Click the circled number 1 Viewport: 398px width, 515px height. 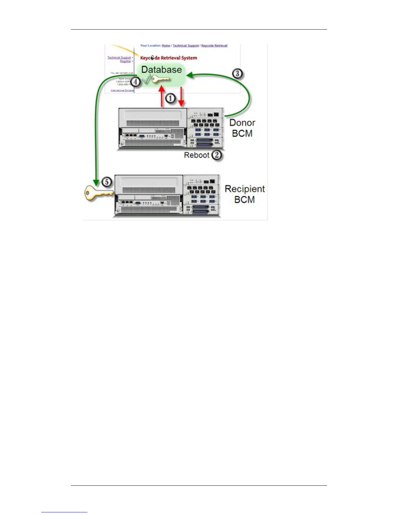170,98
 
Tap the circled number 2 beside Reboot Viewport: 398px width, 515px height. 216,155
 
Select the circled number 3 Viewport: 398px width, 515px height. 237,73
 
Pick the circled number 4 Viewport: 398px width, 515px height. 136,82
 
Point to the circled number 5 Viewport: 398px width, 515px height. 107,182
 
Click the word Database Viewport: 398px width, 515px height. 161,69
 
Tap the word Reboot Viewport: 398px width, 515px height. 196,155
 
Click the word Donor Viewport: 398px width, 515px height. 242,123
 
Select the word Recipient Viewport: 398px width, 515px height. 245,189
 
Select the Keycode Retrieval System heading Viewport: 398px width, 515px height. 168,58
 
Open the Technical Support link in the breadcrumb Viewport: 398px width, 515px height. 186,46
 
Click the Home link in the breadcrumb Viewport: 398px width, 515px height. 166,46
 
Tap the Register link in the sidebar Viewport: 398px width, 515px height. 125,61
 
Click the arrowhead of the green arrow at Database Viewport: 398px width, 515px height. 189,76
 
